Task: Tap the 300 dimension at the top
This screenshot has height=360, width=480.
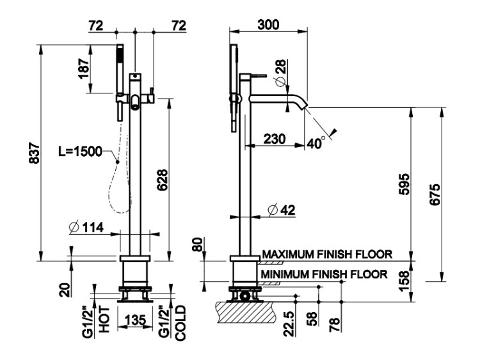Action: tap(268, 24)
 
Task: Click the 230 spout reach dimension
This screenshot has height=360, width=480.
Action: tap(275, 138)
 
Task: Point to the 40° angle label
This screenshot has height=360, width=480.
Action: tap(316, 143)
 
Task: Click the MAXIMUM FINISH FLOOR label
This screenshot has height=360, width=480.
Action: tap(326, 254)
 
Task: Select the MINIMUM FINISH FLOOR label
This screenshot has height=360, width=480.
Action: tap(324, 274)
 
